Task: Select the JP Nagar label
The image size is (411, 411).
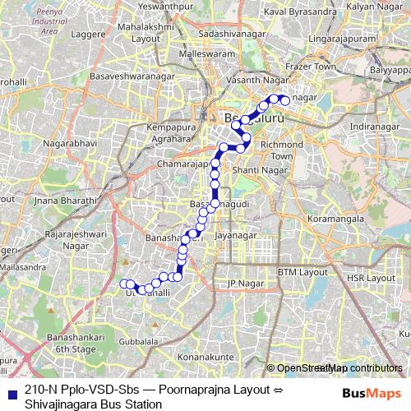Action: coord(242,284)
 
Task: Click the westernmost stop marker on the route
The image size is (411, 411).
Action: coord(124,284)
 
